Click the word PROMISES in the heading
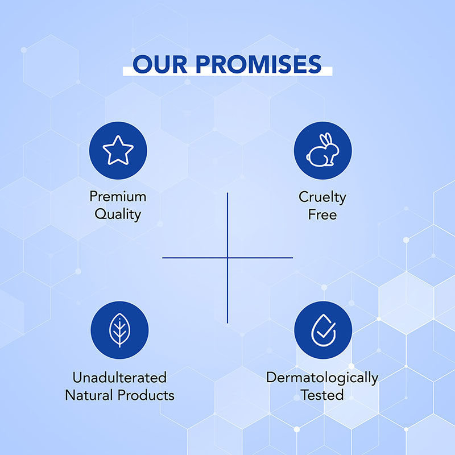pos(260,65)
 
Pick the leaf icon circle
pos(119,330)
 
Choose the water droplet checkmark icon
pos(323,330)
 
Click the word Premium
pos(118,197)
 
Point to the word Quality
pos(118,214)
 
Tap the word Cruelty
pos(322,197)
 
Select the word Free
pos(322,214)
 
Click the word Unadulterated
pos(119,377)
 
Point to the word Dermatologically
pos(322,377)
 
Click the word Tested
pos(322,395)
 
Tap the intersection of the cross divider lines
pos(227,258)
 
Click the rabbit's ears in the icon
pos(326,140)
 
